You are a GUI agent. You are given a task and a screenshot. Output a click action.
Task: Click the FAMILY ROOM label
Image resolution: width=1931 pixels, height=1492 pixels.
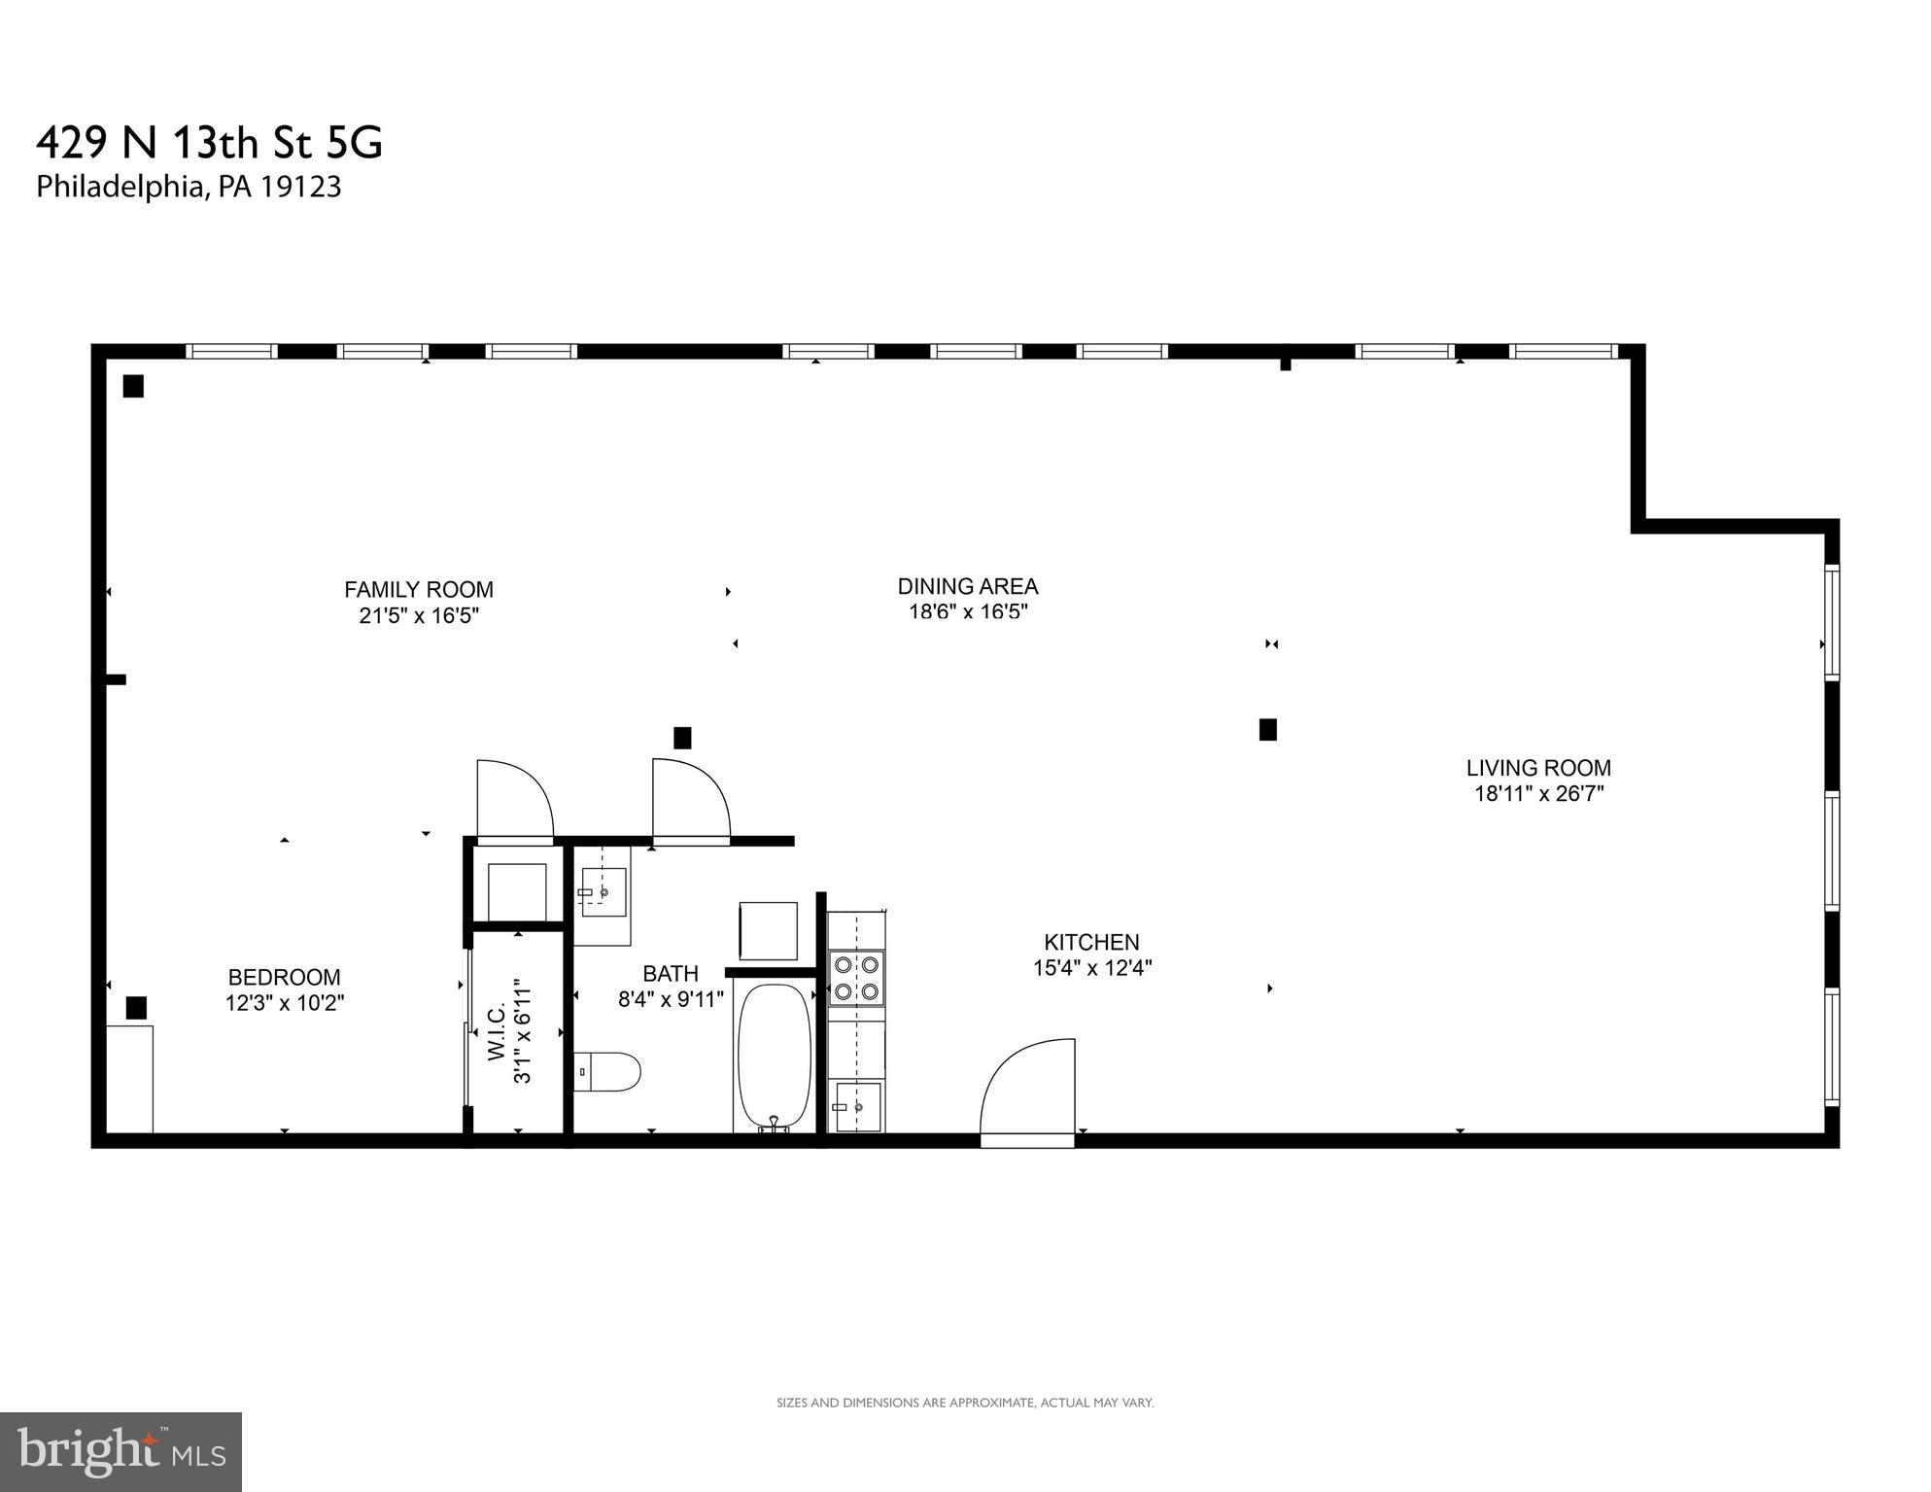pos(419,589)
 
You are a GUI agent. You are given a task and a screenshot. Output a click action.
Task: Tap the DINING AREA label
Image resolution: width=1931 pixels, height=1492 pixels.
pos(967,586)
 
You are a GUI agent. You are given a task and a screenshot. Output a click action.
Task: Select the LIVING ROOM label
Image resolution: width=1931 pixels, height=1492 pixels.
pos(1538,768)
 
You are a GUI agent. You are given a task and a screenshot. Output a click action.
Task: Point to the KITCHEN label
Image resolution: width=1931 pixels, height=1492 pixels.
pos(1091,942)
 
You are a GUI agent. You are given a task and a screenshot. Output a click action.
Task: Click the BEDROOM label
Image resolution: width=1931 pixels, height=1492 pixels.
pos(284,977)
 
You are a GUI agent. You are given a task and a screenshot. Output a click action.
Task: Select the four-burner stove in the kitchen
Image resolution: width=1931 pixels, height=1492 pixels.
pos(856,978)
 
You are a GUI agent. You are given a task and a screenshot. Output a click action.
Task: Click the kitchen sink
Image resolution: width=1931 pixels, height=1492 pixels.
pos(856,1106)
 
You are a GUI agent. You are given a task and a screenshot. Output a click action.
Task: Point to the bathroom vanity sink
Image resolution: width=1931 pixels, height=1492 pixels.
pos(602,891)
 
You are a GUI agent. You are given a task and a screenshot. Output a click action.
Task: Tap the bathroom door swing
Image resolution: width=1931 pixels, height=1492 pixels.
pos(689,799)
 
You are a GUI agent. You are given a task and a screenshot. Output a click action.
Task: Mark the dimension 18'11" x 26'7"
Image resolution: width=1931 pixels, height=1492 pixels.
pos(1538,793)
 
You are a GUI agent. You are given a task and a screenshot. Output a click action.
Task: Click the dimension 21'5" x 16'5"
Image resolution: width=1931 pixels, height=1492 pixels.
pos(419,615)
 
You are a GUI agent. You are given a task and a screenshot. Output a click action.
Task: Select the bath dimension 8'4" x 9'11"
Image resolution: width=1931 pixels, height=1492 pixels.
pos(671,999)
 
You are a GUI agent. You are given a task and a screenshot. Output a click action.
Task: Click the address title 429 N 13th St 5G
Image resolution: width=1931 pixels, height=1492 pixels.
pos(210,143)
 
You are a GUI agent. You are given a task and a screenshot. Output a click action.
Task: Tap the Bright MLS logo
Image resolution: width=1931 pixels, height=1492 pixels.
pos(121,1451)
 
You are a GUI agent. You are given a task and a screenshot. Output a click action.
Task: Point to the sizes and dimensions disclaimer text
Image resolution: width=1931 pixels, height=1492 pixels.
pos(965,1403)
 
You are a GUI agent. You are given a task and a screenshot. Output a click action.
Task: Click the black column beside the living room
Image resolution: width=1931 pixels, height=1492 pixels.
pos(1267,729)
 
